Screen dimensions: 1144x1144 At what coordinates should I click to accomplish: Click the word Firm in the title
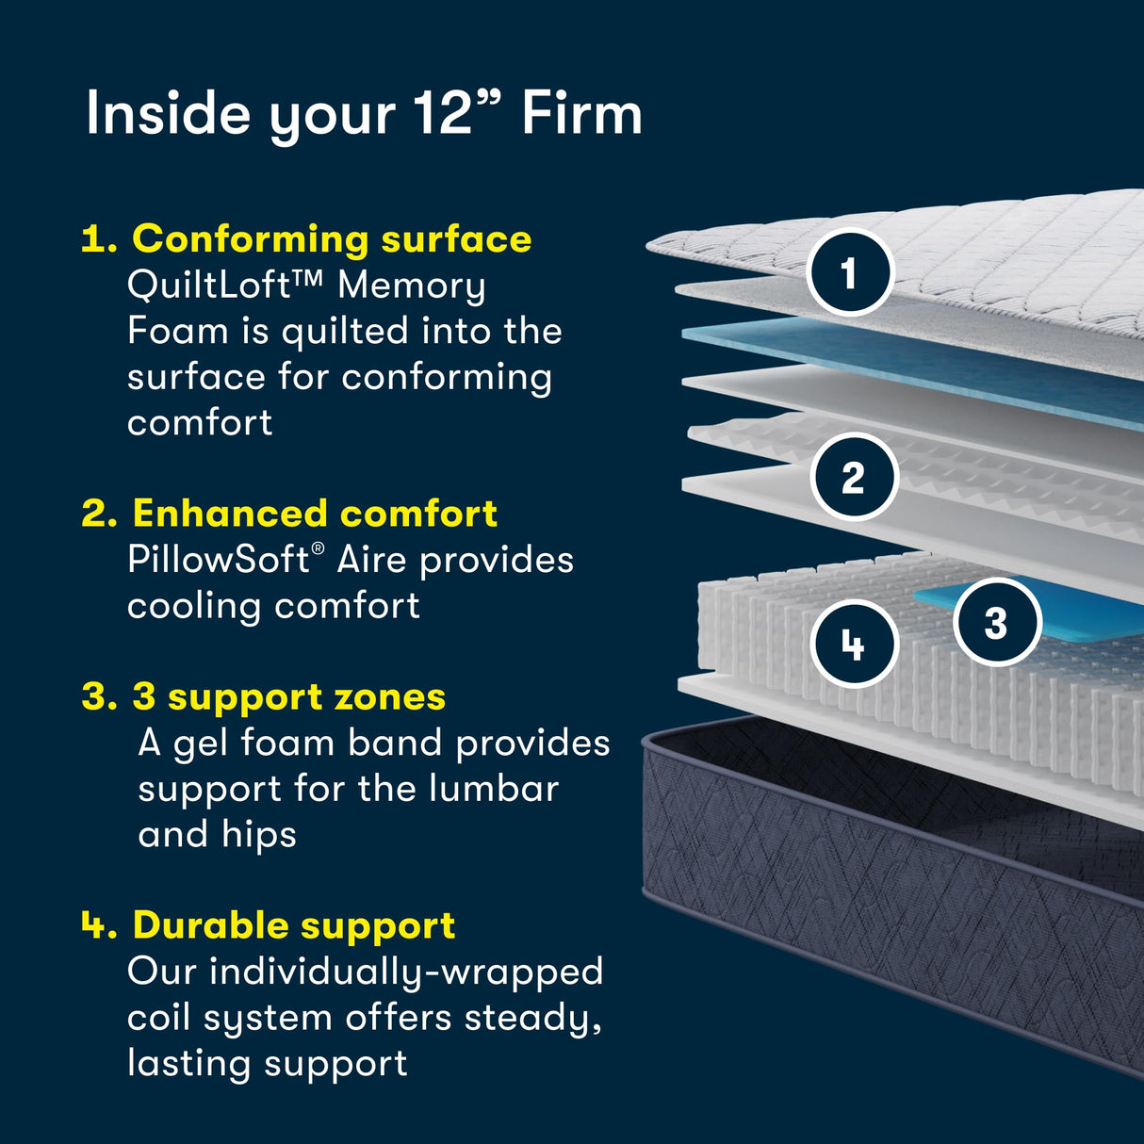581,114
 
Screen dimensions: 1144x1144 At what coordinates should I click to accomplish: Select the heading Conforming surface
332,239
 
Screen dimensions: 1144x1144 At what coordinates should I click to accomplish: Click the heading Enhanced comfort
315,514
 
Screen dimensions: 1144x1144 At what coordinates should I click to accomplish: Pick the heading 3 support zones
288,697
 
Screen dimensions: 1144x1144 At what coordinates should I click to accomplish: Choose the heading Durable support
294,925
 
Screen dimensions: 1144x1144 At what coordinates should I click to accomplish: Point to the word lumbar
494,789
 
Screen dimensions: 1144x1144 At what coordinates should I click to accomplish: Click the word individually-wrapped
406,972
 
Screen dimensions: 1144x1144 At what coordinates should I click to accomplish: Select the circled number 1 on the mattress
850,273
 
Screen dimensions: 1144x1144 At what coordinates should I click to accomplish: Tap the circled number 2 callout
853,477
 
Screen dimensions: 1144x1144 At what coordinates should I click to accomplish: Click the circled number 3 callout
996,623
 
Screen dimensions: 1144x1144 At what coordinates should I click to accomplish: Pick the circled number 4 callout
853,645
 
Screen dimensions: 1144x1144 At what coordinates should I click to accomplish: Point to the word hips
259,835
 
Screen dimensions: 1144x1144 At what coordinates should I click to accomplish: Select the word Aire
372,560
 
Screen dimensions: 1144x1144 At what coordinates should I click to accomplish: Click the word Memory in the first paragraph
412,285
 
